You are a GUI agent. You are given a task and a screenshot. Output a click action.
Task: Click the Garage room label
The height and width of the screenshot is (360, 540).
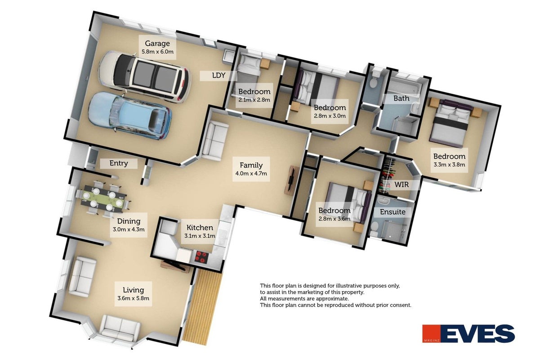(x=157, y=44)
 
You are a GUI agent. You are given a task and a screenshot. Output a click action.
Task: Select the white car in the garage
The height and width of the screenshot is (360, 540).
(x=145, y=76)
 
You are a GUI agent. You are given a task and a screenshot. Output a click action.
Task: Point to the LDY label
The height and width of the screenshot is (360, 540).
(x=219, y=76)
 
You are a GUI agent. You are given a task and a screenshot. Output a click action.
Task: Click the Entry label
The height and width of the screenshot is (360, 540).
(x=119, y=163)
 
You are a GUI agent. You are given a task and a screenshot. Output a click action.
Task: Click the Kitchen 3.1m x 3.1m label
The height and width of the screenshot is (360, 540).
(x=200, y=231)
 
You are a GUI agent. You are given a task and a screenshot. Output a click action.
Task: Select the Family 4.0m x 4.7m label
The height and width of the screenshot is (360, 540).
(x=251, y=169)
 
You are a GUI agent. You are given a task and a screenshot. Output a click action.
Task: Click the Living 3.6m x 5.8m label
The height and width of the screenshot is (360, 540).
(x=133, y=294)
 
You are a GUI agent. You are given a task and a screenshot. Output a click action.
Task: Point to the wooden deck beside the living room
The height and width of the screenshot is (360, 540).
(x=202, y=307)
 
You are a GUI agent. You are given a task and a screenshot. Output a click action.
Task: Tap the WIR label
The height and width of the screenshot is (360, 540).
(x=402, y=184)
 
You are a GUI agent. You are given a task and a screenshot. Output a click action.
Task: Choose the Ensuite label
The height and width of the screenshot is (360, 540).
(x=393, y=212)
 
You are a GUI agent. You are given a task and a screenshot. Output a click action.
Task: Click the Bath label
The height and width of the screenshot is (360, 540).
(x=402, y=98)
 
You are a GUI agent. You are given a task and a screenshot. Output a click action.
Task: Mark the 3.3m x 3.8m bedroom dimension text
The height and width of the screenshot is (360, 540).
(x=449, y=165)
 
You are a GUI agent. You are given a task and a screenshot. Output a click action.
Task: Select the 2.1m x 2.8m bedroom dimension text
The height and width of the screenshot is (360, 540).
(x=254, y=99)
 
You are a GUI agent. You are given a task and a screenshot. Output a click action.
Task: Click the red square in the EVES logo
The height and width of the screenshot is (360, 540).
(x=431, y=334)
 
